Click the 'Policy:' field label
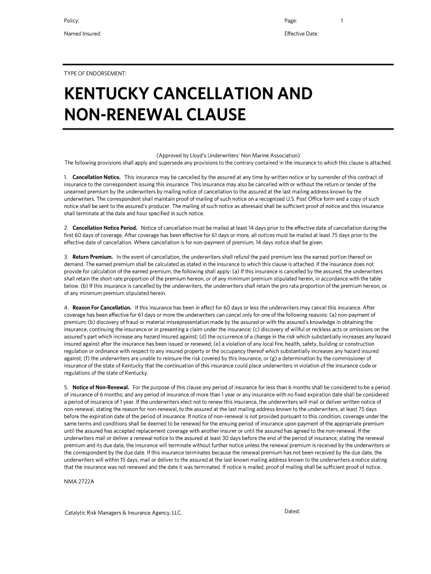click(72, 21)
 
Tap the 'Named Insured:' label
click(82, 34)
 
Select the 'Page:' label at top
click(291, 21)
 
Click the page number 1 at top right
click(341, 21)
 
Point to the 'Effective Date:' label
click(301, 34)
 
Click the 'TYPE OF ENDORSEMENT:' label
click(95, 73)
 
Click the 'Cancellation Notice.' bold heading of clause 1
click(96, 177)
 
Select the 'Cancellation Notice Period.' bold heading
click(105, 228)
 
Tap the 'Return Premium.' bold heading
click(92, 257)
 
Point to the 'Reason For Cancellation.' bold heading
click(102, 308)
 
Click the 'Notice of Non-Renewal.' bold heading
click(101, 387)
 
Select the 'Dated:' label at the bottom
click(293, 511)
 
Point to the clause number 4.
click(66, 308)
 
